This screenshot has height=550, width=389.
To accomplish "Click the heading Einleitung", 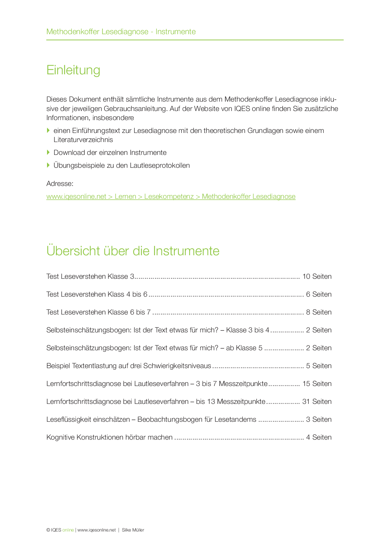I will (73, 70).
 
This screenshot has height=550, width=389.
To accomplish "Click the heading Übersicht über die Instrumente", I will (133, 251).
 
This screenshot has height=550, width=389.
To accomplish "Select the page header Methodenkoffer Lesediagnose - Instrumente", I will (121, 32).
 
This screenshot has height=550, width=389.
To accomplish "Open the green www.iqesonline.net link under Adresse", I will (171, 197).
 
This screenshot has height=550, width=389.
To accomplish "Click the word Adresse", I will (60, 184).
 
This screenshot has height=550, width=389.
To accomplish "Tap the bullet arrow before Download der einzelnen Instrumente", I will (48, 152).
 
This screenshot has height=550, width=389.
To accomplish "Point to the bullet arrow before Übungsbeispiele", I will (48, 165).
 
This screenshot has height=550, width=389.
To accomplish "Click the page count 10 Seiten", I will (317, 277).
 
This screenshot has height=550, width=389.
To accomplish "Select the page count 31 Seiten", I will (317, 402).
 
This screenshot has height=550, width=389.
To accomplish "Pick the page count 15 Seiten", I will (317, 384).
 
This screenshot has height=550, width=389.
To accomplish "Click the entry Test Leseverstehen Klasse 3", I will (90, 277).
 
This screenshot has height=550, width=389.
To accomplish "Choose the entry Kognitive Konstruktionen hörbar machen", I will (109, 437).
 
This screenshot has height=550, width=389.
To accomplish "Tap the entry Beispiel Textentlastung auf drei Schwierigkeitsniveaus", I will (129, 366).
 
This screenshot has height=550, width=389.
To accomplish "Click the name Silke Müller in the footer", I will (133, 530).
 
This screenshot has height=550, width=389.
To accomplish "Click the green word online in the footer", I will (68, 530).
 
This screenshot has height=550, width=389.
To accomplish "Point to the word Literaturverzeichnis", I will (83, 140).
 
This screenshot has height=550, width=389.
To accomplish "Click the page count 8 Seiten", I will (319, 312).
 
